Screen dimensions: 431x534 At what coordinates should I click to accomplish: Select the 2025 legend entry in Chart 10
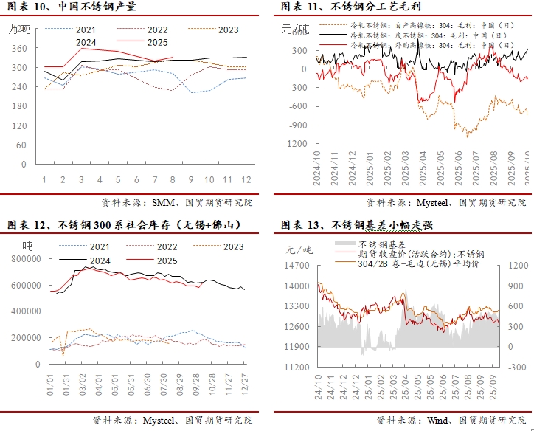tap(157, 42)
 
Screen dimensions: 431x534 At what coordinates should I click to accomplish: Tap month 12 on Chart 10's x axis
tap(246, 180)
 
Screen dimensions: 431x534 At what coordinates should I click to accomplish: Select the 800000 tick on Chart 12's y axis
tap(25, 258)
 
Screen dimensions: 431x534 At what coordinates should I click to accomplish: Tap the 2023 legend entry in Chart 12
tap(232, 247)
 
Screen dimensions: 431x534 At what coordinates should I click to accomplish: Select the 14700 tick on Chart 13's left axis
tap(299, 266)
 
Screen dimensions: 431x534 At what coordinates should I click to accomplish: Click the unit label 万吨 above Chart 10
tap(20, 30)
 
